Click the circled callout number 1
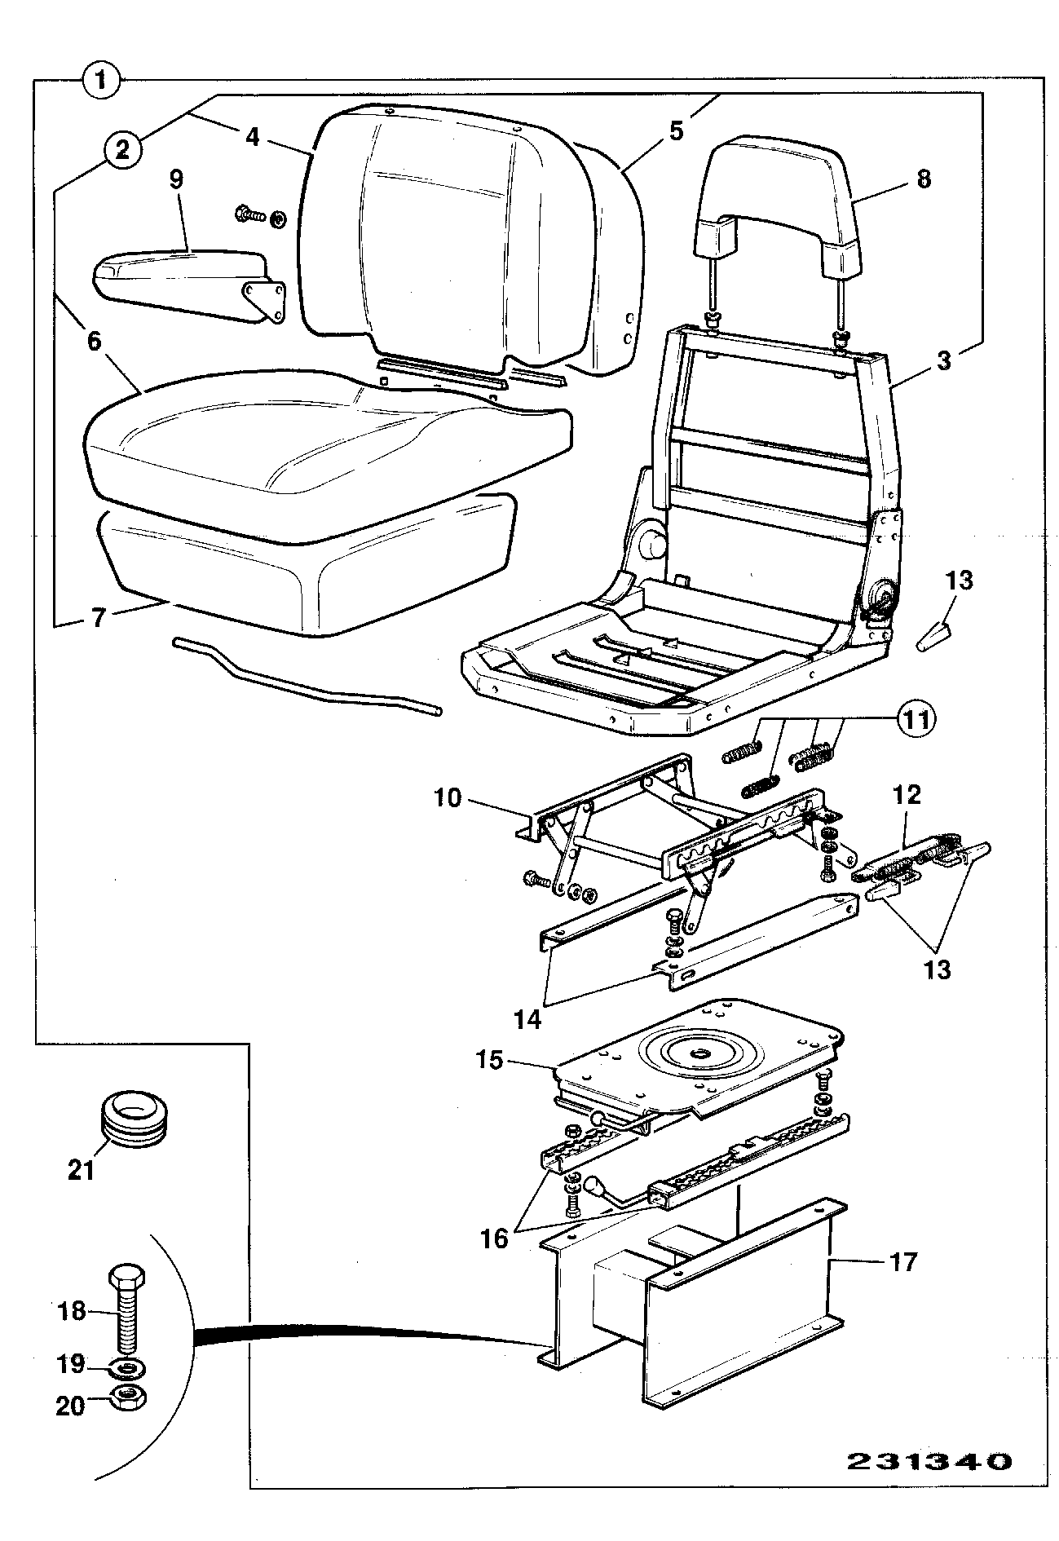tap(101, 81)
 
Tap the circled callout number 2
tap(121, 149)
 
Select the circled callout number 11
tap(916, 719)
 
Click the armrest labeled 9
tap(189, 283)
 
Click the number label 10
tap(448, 797)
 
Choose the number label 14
tap(528, 1019)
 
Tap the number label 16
tap(495, 1239)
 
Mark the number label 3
tap(943, 360)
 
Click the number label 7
tap(98, 617)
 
